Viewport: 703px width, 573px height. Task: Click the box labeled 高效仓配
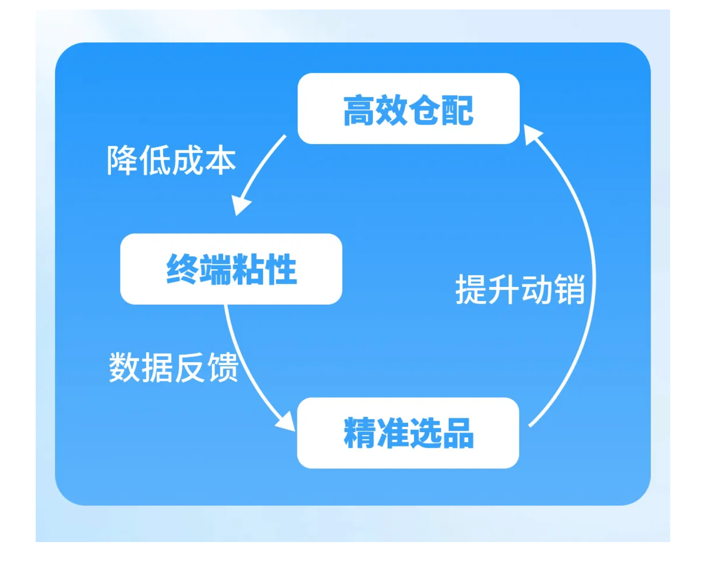(408, 109)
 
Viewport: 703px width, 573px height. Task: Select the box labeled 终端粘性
(231, 269)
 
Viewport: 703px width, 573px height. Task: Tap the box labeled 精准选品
(408, 433)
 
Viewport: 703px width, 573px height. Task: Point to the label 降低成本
(171, 160)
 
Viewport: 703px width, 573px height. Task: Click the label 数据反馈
(174, 367)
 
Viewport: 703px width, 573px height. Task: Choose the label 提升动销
(520, 289)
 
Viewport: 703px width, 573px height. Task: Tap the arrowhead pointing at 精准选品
(286, 422)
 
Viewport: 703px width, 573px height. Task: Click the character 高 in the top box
(359, 110)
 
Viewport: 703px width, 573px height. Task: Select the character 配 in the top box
(458, 110)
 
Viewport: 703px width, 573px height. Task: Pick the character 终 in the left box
(182, 269)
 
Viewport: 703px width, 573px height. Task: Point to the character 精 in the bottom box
(360, 433)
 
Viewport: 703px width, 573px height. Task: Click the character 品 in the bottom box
(458, 433)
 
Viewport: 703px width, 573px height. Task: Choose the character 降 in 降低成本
(122, 160)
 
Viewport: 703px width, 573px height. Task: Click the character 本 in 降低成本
(220, 160)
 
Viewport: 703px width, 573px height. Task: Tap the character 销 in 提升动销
(569, 289)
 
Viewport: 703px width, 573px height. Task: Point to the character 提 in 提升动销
(471, 289)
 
